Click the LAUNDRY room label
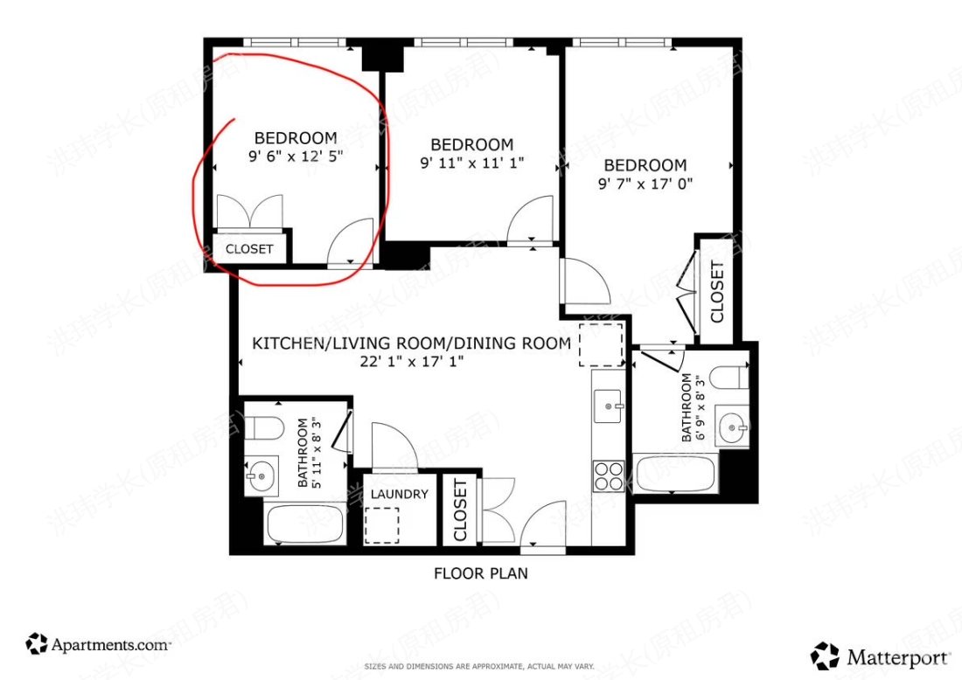(x=399, y=494)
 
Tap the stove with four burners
(x=609, y=476)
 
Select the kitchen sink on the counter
(x=609, y=406)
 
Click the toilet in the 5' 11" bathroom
(x=260, y=428)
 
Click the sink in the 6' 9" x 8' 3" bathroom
(x=733, y=427)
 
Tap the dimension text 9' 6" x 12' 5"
(x=295, y=157)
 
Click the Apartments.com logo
(x=98, y=645)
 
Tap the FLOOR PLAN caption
(x=480, y=574)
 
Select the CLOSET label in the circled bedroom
(x=249, y=249)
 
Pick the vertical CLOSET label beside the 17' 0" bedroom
(x=716, y=292)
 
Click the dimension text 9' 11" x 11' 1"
(x=471, y=163)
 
